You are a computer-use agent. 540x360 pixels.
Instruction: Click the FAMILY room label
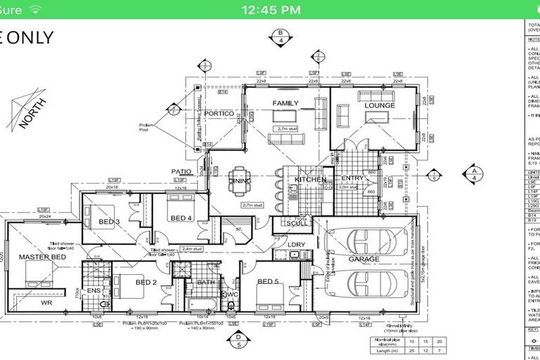point(285,103)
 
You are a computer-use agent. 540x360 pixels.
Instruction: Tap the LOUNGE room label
point(379,105)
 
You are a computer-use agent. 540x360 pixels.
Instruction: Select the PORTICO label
point(219,112)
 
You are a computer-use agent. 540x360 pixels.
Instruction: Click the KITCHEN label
point(309,180)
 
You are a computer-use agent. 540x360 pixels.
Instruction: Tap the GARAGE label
point(364,259)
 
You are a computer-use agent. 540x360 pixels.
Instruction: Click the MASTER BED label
point(42,257)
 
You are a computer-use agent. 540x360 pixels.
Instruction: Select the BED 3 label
point(109,222)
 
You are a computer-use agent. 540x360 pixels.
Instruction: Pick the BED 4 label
point(181,218)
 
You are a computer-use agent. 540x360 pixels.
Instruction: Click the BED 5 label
point(268,282)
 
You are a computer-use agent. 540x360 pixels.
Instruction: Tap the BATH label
point(206,283)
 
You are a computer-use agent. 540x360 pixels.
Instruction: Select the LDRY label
point(296,244)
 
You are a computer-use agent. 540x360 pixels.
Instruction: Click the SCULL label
point(296,224)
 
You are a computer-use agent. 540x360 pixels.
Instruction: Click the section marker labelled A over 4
point(474,173)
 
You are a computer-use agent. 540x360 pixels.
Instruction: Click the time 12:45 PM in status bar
point(271,10)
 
